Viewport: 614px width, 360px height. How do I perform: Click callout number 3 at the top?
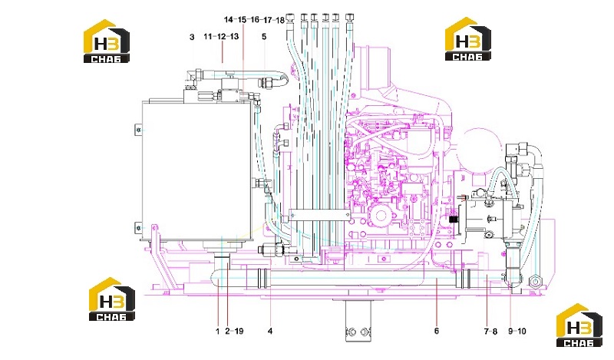pyautogui.click(x=192, y=37)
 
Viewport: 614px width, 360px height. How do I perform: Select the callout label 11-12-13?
pyautogui.click(x=221, y=36)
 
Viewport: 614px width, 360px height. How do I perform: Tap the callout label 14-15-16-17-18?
pyautogui.click(x=255, y=20)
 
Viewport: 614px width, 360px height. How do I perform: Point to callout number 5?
pyautogui.click(x=264, y=36)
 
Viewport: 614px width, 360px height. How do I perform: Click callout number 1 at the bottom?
pyautogui.click(x=218, y=332)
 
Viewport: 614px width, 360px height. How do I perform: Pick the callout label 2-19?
pyautogui.click(x=234, y=332)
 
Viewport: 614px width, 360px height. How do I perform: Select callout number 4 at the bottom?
pyautogui.click(x=270, y=332)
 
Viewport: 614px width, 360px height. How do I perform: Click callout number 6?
pyautogui.click(x=437, y=332)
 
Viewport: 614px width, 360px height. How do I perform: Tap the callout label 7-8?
pyautogui.click(x=490, y=332)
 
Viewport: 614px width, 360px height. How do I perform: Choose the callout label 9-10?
pyautogui.click(x=517, y=332)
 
